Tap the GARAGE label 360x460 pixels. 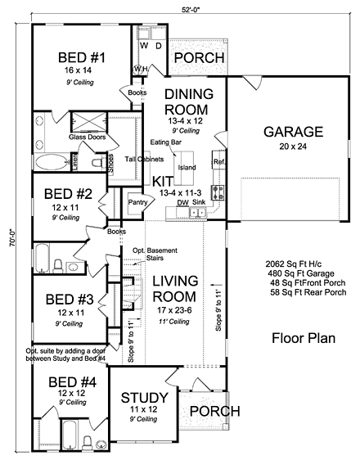pyautogui.click(x=282, y=132)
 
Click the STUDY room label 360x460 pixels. pyautogui.click(x=144, y=398)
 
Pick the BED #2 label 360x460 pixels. pyautogui.click(x=65, y=196)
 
